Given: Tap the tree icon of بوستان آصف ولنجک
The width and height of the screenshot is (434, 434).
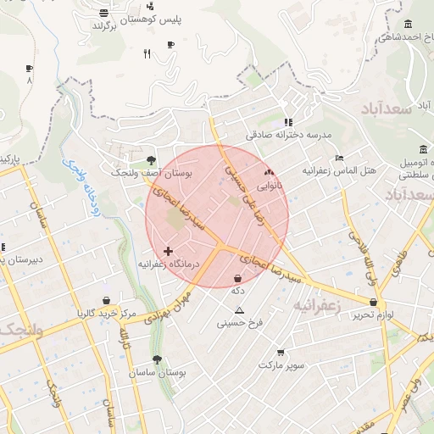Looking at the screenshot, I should (152, 159).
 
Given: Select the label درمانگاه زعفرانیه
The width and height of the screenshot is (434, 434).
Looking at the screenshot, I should (169, 264).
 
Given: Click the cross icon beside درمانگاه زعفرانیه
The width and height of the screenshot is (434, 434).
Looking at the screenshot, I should (169, 251).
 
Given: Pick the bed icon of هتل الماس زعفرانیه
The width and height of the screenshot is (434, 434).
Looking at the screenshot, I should (340, 158).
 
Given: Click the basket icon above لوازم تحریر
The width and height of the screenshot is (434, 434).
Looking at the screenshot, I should (374, 302).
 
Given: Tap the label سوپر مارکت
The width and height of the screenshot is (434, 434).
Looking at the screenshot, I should (281, 365).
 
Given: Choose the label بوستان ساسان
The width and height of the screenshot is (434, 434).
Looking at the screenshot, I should (159, 373).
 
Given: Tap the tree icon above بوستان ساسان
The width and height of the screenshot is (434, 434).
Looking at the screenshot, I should (158, 359).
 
